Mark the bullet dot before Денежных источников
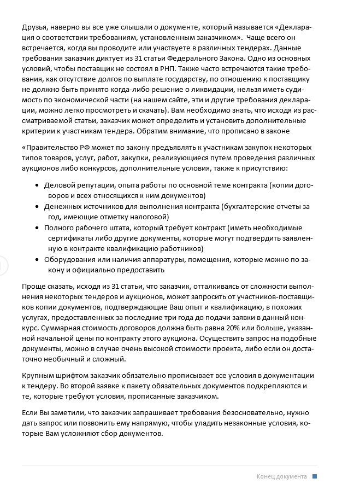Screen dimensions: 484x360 click(x=37, y=207)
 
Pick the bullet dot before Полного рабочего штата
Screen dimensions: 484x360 click(x=37, y=228)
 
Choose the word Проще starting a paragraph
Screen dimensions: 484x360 click(x=34, y=286)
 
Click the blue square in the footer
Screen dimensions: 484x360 click(x=315, y=476)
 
